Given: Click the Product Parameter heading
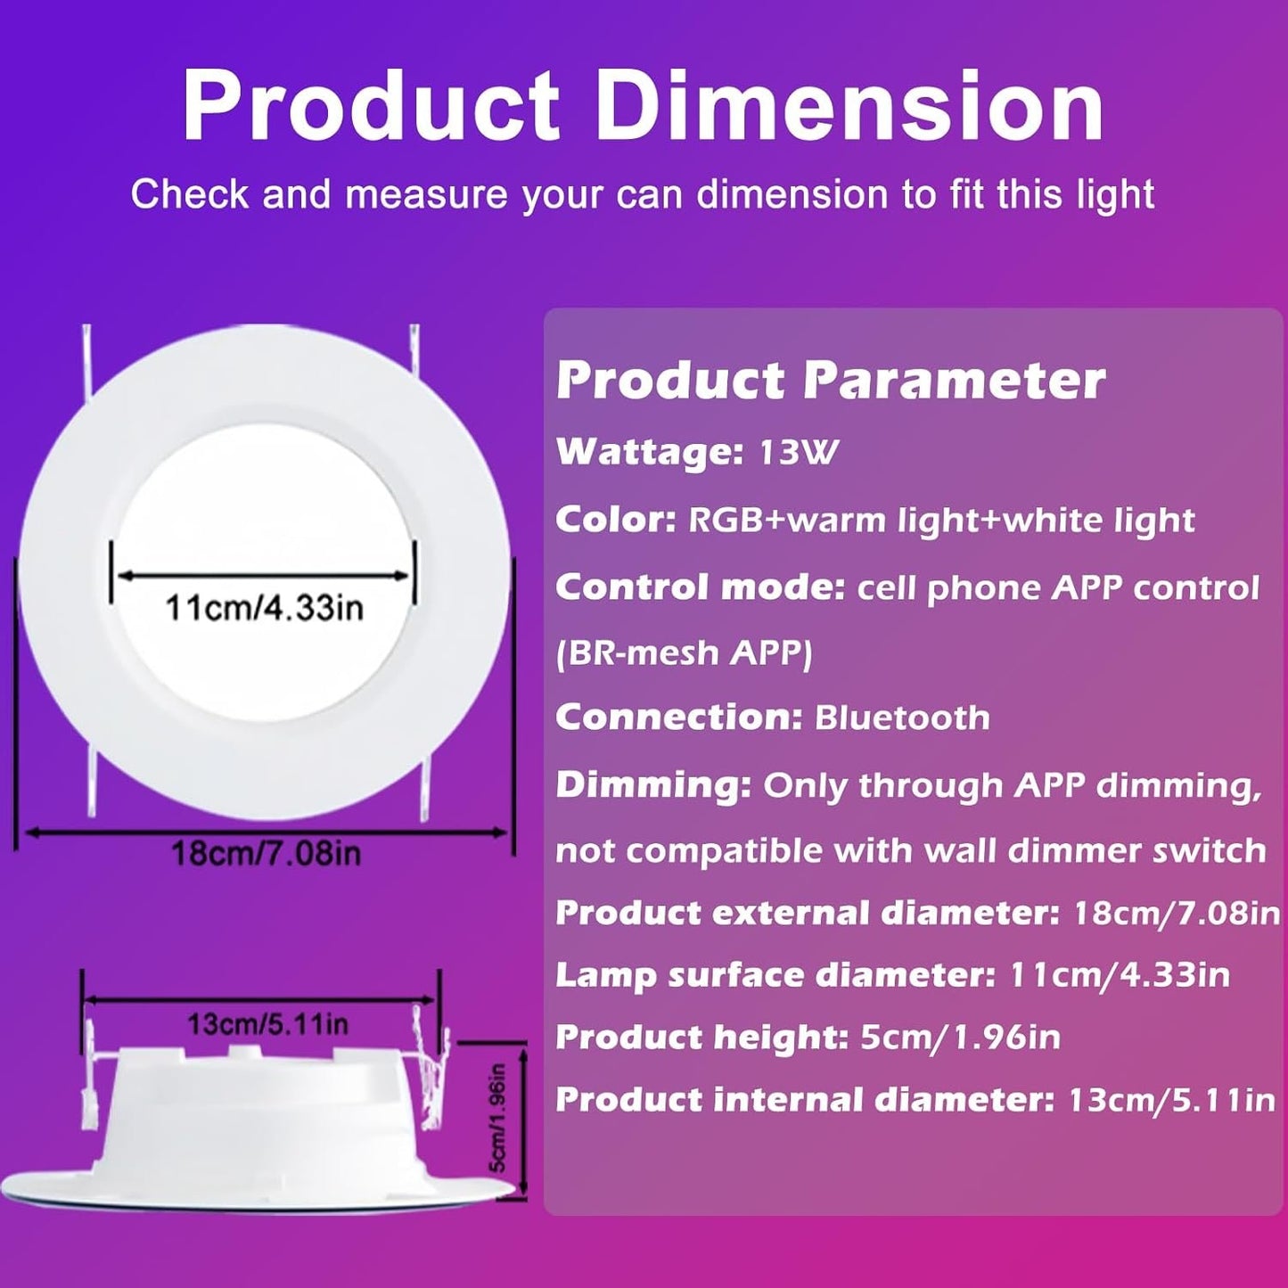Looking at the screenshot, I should click(830, 381).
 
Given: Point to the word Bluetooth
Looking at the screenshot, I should click(902, 718).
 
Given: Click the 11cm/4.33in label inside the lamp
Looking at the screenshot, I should click(265, 608).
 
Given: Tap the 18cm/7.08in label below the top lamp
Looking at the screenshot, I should click(266, 854).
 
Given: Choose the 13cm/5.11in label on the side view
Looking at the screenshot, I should click(267, 1024).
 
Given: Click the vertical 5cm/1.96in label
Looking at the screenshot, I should click(497, 1118).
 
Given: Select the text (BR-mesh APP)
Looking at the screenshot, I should click(684, 653).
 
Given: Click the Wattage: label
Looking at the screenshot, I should click(649, 453).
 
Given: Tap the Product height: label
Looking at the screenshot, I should click(701, 1038).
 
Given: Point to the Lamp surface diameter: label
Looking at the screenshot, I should click(775, 975).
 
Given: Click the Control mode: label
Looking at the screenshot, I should click(700, 587).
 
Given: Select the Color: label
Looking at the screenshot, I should click(616, 520).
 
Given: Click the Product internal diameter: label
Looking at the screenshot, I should click(805, 1100).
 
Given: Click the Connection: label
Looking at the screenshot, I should click(678, 718).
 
